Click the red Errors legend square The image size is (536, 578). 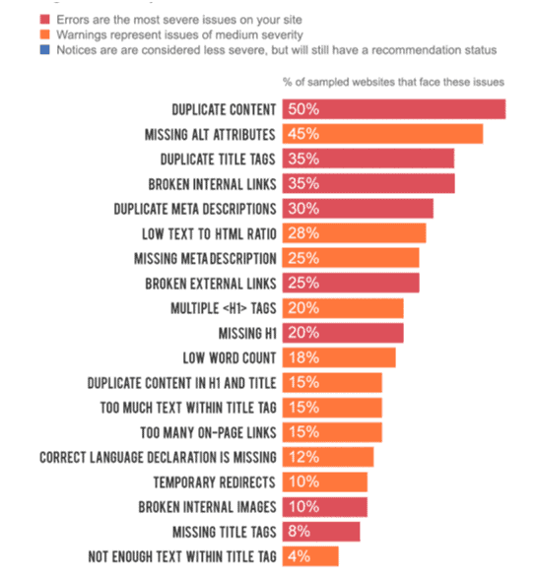pos(44,19)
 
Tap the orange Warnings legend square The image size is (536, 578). pos(44,34)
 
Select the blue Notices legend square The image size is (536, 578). pos(44,49)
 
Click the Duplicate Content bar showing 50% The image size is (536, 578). pos(394,109)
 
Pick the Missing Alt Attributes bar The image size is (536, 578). pos(382,134)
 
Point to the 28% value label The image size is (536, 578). pos(303,233)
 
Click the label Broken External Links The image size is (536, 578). pos(210,284)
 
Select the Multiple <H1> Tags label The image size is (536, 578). pos(224,308)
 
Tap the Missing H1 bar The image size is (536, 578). pos(343,333)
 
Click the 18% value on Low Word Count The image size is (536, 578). pos(303,357)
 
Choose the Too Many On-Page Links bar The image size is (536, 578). pos(332,432)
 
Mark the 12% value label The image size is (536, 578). pos(303,457)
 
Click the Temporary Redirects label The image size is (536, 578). pos(215,482)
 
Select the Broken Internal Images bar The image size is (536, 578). pos(325,507)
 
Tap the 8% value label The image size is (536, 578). pos(299,532)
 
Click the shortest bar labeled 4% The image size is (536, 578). pos(310,556)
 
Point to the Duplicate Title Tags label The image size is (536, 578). pos(218,160)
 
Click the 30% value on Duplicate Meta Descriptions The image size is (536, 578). pos(303,209)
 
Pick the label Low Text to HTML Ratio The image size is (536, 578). pos(209,233)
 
